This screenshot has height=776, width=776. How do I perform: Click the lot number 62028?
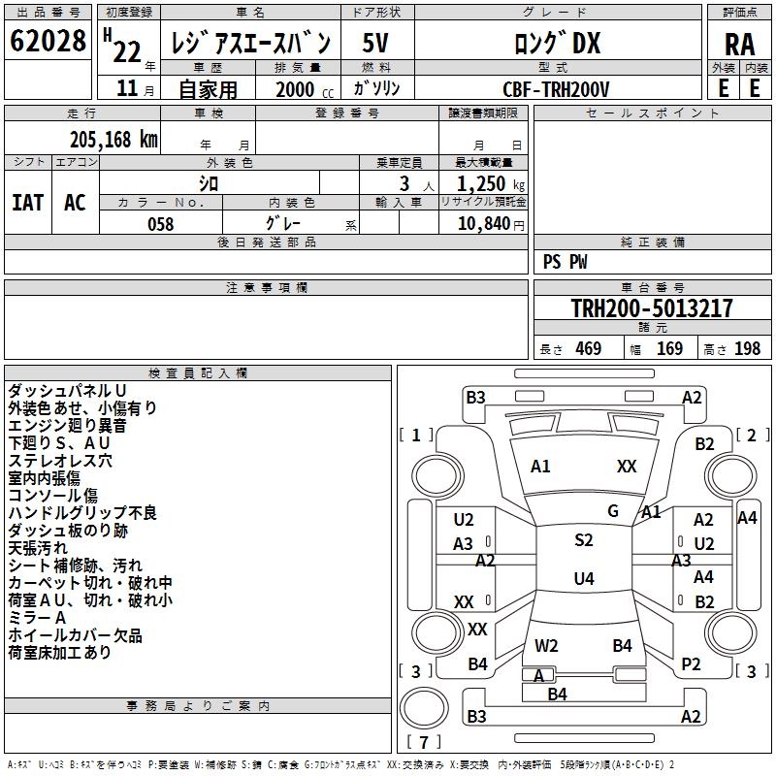pos(48,41)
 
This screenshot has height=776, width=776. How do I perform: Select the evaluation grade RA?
pos(739,44)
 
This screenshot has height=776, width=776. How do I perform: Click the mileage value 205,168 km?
pos(113,139)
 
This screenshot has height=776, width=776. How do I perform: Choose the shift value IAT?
pos(27,203)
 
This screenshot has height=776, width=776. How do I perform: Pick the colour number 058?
pos(160,224)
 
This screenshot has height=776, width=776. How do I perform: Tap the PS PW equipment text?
pos(566,262)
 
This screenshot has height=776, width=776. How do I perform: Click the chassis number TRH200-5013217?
pos(651,308)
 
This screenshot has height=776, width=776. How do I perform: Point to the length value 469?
pos(588,349)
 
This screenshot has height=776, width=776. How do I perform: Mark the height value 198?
pos(747,349)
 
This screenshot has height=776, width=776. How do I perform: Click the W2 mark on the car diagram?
pos(546,645)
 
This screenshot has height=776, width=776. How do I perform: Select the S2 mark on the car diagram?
pos(583,540)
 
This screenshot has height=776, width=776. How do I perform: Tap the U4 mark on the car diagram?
pos(583,579)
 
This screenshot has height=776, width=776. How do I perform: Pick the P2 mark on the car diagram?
pos(691,664)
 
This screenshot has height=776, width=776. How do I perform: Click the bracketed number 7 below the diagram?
pos(424,743)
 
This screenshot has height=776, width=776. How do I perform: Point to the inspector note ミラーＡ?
pos(37,618)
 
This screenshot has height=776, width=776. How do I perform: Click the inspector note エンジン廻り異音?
pos(67,426)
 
